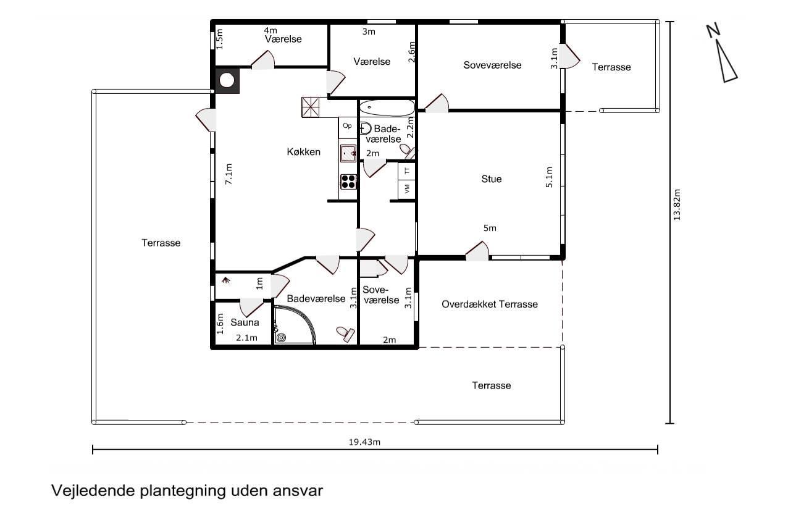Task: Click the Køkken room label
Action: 304,152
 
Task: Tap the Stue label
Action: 492,178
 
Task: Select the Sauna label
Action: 245,322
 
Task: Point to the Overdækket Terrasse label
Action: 490,304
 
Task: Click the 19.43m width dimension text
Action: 364,442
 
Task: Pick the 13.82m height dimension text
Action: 677,205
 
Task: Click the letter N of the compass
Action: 713,30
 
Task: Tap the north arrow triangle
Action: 726,61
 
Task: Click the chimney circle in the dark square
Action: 227,80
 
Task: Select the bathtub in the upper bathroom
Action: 387,107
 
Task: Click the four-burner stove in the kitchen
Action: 348,182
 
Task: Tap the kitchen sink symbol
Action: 348,153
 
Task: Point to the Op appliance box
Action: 347,127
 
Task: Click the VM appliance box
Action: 407,190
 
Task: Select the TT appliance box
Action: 407,171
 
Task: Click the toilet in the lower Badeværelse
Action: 346,334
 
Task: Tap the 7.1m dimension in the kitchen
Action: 228,174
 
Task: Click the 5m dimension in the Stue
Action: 490,228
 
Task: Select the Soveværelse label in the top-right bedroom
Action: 492,65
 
